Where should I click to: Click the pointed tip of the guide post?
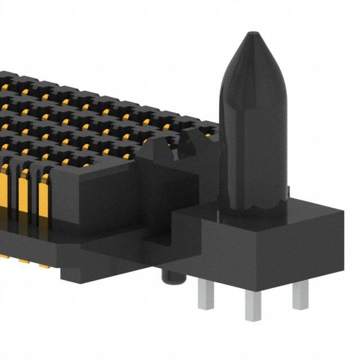pyautogui.click(x=251, y=35)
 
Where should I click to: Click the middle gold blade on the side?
pyautogui.click(x=24, y=194)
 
